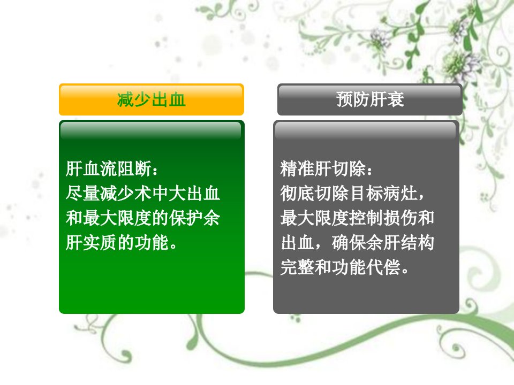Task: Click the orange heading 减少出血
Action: [x=152, y=99]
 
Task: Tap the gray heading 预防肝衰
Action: [x=370, y=99]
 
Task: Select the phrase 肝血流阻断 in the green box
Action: [x=109, y=169]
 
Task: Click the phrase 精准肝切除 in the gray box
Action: [x=323, y=169]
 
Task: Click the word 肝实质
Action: [x=91, y=243]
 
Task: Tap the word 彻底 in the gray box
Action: [x=297, y=193]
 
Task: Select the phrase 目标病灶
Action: [x=383, y=193]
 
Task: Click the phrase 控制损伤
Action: [x=383, y=218]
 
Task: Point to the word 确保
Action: [x=349, y=243]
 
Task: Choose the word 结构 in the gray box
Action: [x=417, y=243]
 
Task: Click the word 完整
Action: [x=297, y=267]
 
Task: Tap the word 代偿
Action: [x=383, y=267]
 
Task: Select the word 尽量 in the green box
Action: [x=82, y=193]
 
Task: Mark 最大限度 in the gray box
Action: [x=314, y=218]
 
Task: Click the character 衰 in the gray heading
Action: [x=396, y=99]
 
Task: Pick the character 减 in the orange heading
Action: [x=125, y=99]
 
